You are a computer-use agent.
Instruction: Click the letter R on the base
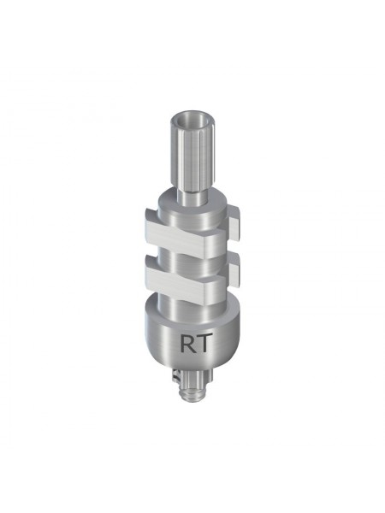pos(187,343)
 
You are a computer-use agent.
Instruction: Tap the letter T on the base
pos(201,343)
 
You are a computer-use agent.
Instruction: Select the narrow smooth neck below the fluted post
pos(191,198)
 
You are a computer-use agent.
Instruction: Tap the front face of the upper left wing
pos(174,236)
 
